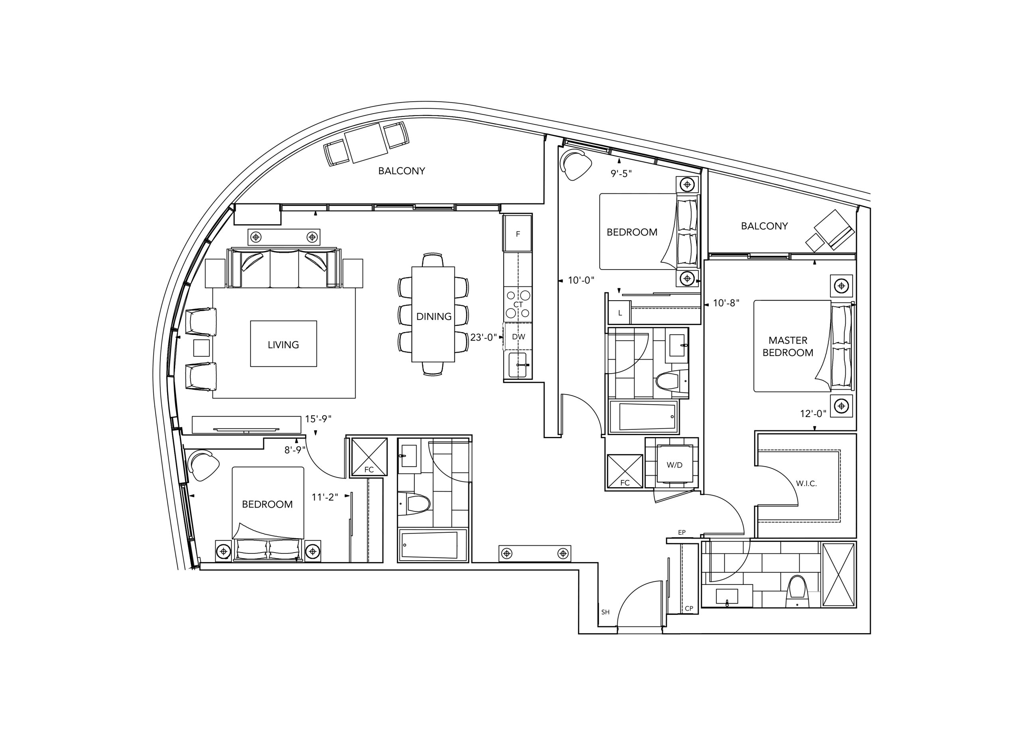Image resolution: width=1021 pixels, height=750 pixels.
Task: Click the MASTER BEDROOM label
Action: [788, 346]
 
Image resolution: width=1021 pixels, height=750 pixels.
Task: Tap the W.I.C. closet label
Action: [806, 484]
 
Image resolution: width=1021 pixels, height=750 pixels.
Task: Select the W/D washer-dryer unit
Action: [674, 465]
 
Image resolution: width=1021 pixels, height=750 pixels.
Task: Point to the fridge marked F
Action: [517, 233]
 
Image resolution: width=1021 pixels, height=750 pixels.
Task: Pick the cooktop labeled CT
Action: [518, 304]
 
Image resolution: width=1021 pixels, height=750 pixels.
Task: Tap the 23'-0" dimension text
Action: [483, 337]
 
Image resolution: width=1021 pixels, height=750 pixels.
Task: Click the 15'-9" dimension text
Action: [318, 419]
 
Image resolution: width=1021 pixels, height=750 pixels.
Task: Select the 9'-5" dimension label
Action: [621, 173]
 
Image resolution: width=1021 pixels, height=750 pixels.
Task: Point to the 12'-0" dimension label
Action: [813, 413]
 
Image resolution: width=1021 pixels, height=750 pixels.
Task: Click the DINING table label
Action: [434, 317]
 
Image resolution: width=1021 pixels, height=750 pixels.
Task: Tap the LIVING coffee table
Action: [283, 344]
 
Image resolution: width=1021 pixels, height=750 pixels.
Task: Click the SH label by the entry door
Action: [605, 612]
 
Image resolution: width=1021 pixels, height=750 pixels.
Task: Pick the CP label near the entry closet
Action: [689, 608]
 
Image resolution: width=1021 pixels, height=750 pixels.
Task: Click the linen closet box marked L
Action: [620, 313]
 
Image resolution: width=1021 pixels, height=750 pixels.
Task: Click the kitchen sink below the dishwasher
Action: [518, 365]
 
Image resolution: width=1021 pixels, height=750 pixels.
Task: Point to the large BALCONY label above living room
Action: [401, 171]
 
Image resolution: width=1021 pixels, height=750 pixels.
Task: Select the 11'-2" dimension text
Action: [325, 497]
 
